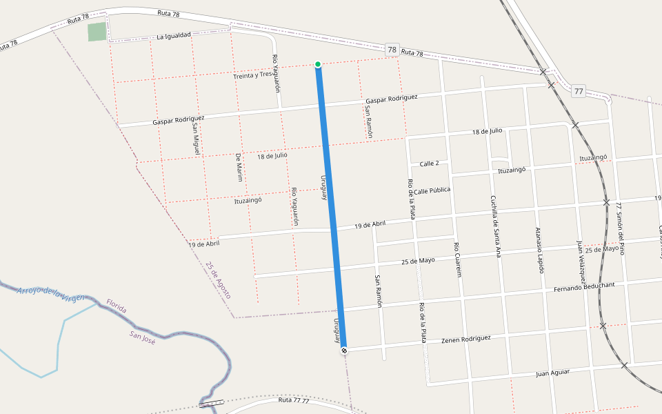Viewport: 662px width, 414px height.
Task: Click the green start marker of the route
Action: coord(318,64)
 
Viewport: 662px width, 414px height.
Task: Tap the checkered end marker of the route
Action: coord(343,351)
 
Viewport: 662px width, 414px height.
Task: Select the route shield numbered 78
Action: coord(392,49)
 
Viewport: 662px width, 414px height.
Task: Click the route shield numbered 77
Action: coord(578,90)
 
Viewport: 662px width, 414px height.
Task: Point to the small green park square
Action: coord(97,32)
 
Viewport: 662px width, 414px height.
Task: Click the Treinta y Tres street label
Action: coord(253,75)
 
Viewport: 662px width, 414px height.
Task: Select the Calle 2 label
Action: coord(429,164)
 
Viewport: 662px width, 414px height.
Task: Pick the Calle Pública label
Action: coord(432,190)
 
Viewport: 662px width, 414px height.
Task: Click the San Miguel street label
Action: coord(196,135)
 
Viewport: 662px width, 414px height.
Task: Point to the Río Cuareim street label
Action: coord(457,259)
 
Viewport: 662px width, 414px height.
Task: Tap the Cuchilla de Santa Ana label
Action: coord(494,226)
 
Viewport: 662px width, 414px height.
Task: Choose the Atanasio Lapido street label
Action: coord(539,250)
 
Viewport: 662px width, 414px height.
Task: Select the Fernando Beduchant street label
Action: coord(584,286)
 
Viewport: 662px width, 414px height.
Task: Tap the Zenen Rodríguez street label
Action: coord(466,339)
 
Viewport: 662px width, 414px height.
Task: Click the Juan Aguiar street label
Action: coord(553,373)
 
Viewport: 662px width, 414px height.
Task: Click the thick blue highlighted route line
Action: coord(330,207)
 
